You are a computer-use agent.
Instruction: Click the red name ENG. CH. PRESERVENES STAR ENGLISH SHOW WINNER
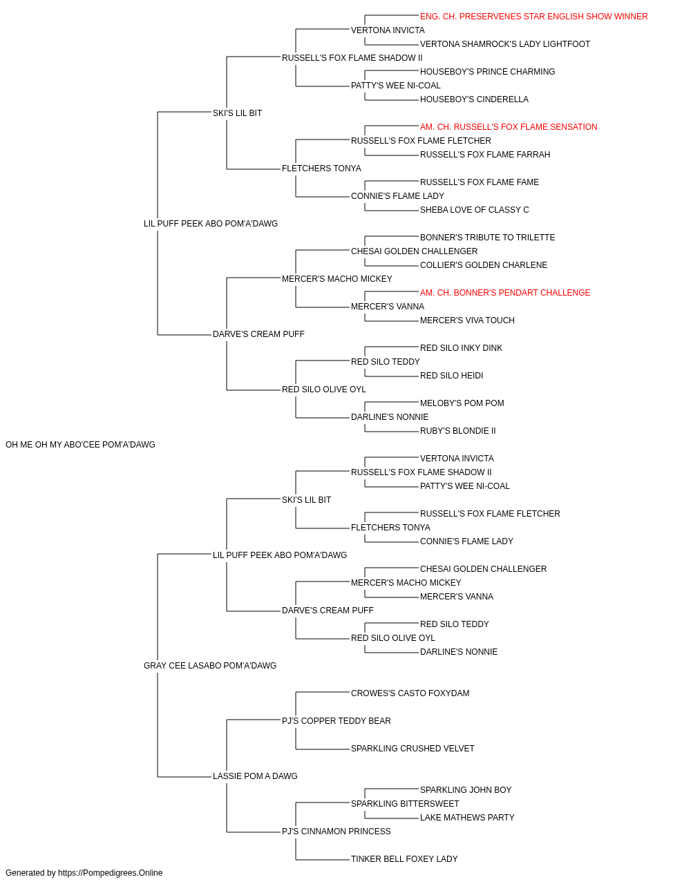pos(533,17)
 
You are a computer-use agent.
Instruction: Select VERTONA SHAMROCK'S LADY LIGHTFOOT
pos(504,44)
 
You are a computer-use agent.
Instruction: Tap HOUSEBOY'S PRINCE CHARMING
pos(487,72)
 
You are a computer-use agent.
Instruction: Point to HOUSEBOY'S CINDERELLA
pos(474,99)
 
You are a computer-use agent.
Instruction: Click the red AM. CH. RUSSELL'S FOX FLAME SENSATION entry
pos(509,127)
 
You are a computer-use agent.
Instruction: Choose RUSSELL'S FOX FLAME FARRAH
pos(484,155)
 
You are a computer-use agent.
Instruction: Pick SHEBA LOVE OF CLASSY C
pos(474,210)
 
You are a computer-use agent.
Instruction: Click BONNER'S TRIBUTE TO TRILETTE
pos(487,238)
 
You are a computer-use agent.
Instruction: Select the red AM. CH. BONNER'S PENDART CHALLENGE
pos(504,293)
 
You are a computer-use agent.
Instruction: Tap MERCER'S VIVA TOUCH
pos(467,320)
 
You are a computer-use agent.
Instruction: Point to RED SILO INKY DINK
pos(461,348)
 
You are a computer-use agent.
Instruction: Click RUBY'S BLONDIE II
pos(457,431)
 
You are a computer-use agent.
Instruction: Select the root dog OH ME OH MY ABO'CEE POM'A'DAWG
pos(80,445)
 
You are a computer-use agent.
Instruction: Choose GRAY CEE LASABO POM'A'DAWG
pos(210,666)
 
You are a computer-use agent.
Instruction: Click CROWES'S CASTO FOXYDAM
pos(410,693)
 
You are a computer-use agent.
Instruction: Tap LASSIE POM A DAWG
pos(255,776)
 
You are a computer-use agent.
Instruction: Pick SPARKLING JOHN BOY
pos(466,790)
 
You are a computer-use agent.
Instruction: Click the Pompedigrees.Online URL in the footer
pos(110,873)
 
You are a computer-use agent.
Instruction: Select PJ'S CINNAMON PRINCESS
pos(336,832)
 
